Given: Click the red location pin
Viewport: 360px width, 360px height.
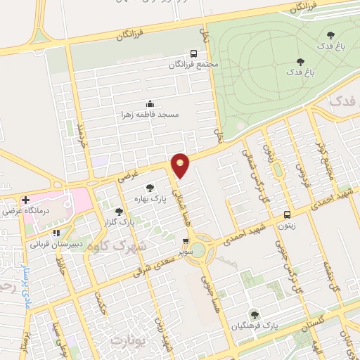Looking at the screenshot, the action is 181,165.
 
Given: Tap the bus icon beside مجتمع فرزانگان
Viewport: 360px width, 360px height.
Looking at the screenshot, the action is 194,53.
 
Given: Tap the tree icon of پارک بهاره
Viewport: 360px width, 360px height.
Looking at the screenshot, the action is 149,188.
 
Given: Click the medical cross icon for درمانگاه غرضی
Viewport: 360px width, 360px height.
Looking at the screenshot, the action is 26,200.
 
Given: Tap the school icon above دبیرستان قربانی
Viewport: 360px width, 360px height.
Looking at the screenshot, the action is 56,233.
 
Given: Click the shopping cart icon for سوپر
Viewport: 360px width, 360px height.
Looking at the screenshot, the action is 186,240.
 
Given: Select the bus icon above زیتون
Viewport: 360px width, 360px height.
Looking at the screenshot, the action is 286,214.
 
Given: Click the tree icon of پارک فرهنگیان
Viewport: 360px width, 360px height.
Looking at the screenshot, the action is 254,316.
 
